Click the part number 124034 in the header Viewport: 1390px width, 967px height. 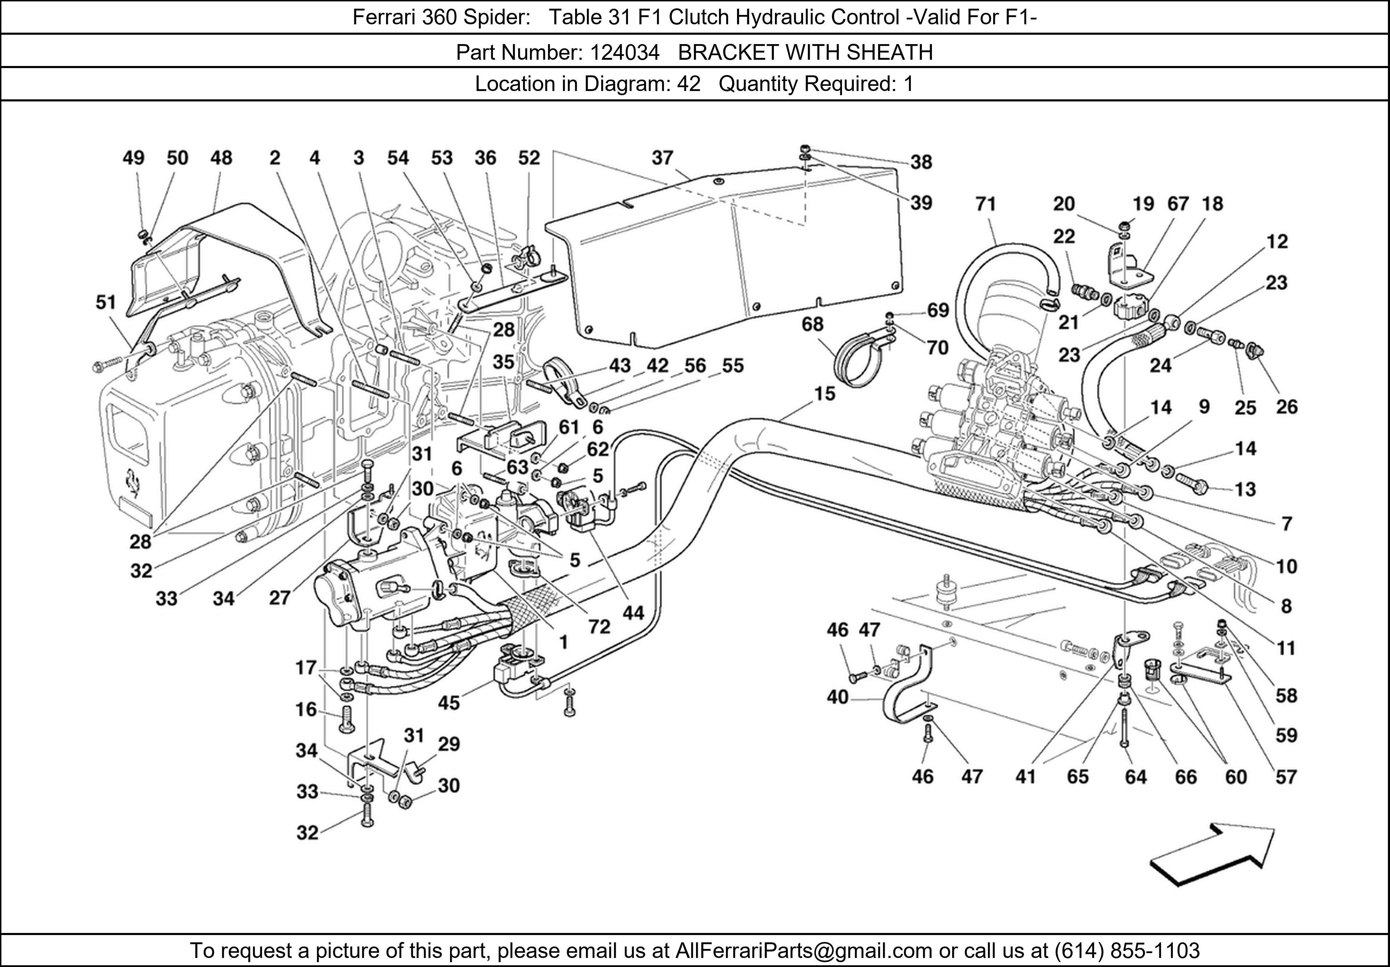click(624, 53)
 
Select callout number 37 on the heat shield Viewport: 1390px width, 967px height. click(662, 158)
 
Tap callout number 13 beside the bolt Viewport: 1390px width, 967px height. click(1245, 489)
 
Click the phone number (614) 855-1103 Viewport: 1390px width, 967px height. click(1126, 951)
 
